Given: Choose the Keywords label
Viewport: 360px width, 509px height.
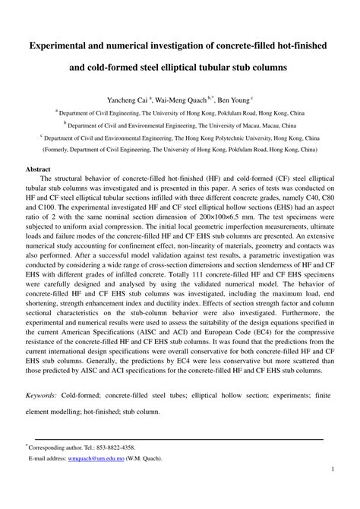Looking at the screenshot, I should [x=44, y=396].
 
